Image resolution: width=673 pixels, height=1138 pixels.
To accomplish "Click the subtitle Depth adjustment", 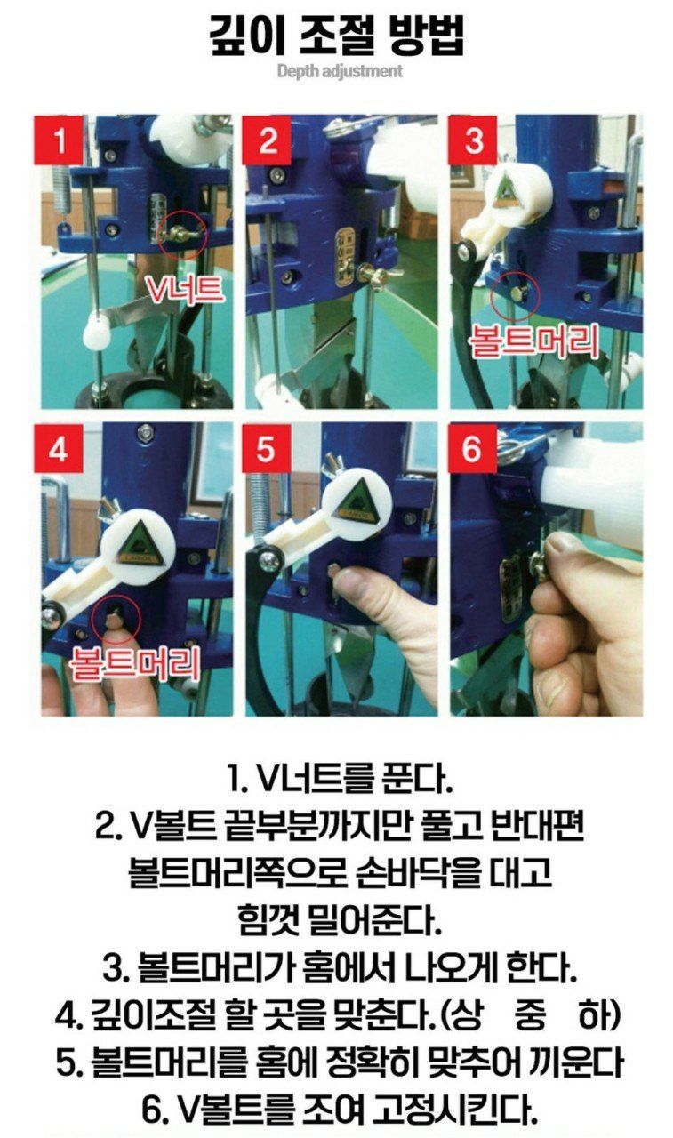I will (x=339, y=71).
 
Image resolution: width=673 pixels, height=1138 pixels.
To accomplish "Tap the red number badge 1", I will (x=59, y=140).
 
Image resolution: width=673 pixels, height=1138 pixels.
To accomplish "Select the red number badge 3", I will (x=473, y=140).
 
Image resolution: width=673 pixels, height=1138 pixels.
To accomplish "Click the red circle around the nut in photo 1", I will (x=184, y=234).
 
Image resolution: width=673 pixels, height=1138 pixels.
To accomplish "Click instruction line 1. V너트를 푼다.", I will (x=339, y=780).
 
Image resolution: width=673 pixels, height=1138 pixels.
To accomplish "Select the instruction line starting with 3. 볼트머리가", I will (x=339, y=966).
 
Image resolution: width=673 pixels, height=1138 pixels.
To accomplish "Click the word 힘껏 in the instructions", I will (x=268, y=919).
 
